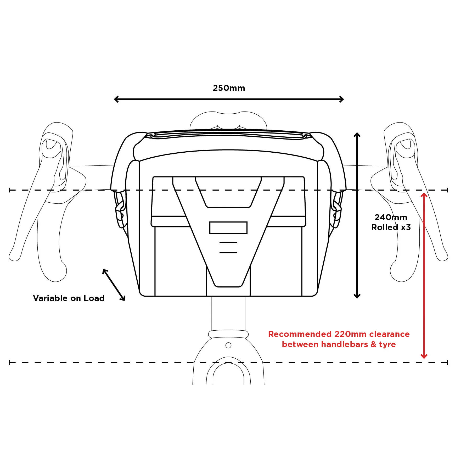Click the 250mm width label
tap(229, 88)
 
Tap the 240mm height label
tap(391, 217)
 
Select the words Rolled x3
tap(391, 227)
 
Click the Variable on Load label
tap(69, 298)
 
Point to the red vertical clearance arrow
tap(424, 275)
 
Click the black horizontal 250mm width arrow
tap(229, 99)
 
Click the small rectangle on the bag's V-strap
tap(228, 228)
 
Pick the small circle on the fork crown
tap(228, 345)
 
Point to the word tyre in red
tap(387, 345)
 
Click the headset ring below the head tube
tap(228, 334)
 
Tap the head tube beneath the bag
tap(228, 313)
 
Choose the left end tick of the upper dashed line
tap(10, 190)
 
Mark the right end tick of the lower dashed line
tap(447, 363)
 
